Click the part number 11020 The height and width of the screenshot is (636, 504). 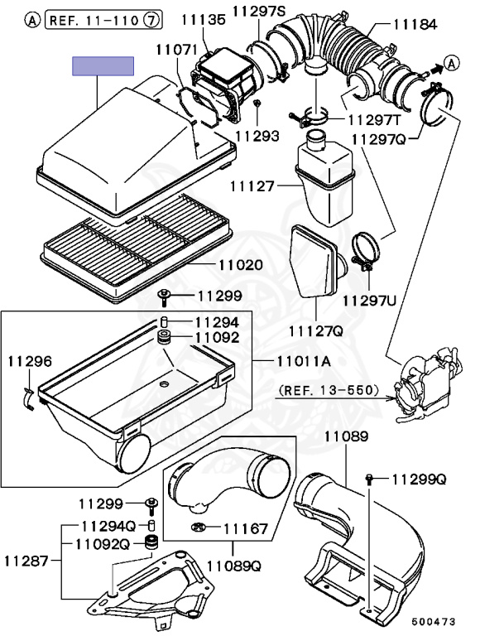[241, 265]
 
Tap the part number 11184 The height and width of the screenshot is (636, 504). [415, 26]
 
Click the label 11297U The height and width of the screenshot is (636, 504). [369, 299]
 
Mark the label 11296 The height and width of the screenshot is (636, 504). [29, 361]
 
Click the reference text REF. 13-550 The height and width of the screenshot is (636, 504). [329, 389]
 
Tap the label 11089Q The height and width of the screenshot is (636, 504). [233, 566]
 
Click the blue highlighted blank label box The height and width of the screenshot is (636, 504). [103, 66]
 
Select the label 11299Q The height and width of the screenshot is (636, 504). [419, 479]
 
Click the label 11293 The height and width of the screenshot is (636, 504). [257, 136]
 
